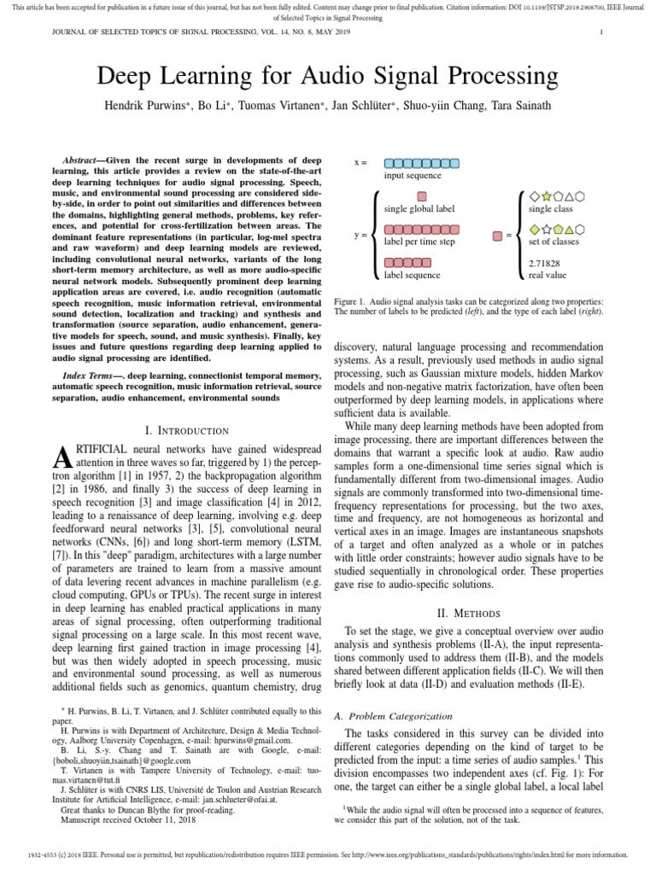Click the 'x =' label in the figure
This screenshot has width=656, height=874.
pos(360,162)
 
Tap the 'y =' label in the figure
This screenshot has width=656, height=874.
pos(360,233)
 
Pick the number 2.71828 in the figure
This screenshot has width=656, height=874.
pos(547,264)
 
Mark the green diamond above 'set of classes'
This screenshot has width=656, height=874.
pos(535,230)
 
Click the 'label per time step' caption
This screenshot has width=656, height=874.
pos(420,242)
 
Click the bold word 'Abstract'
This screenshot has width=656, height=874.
pos(85,160)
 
